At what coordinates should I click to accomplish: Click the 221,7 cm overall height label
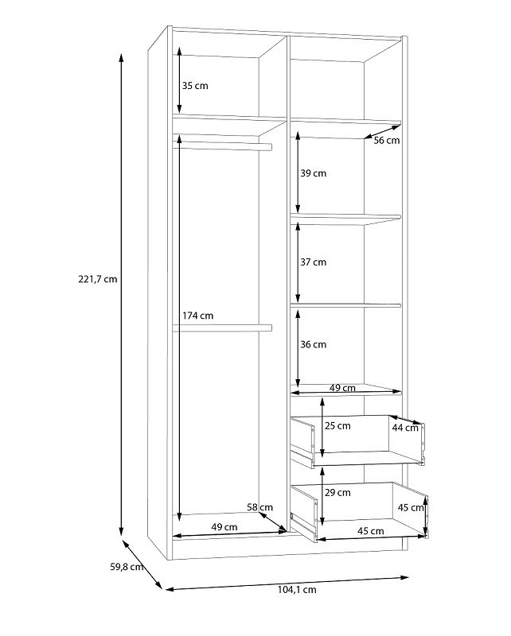coord(97,279)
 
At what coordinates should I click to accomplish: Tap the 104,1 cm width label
coord(297,590)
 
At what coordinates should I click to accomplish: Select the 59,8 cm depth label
coord(127,567)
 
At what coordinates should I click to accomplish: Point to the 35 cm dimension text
coord(195,86)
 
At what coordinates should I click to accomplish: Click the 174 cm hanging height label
coord(198,316)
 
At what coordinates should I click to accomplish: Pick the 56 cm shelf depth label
coord(387,141)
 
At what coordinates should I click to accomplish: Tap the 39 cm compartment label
coord(313,173)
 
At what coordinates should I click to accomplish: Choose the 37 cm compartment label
coord(313,262)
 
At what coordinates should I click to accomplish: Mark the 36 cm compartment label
coord(313,344)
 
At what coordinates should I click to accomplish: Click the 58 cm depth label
coord(260,507)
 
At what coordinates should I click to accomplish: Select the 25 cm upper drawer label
coord(337,426)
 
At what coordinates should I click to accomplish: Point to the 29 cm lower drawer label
coord(337,492)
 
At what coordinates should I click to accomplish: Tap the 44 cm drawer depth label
coord(405,428)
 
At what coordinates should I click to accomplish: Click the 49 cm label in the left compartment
coord(224,527)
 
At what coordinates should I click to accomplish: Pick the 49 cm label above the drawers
coord(342,388)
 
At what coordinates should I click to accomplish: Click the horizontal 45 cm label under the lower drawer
coord(370,530)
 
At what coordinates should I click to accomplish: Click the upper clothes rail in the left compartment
coord(222,146)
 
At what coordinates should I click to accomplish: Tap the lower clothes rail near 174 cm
coord(222,328)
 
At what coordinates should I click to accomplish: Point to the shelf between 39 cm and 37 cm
coord(345,219)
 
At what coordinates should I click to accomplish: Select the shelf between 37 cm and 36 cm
coord(345,305)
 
